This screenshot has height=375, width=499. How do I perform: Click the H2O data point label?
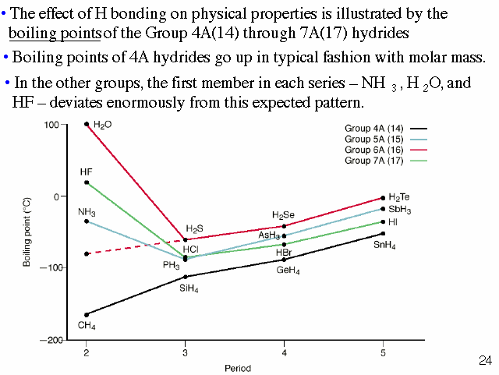(102, 125)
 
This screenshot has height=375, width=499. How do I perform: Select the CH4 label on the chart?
(87, 325)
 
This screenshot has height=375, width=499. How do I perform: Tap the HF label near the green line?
(86, 172)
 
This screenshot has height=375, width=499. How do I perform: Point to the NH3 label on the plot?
(87, 212)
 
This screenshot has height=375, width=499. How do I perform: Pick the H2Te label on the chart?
(399, 197)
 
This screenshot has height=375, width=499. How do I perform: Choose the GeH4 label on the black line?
(288, 271)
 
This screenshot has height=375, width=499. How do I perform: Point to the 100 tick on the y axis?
(52, 125)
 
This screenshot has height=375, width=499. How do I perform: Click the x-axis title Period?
(236, 367)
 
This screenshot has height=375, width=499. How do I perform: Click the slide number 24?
(485, 361)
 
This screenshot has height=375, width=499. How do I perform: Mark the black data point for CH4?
(87, 314)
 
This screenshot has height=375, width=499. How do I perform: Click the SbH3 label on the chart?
(400, 210)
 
